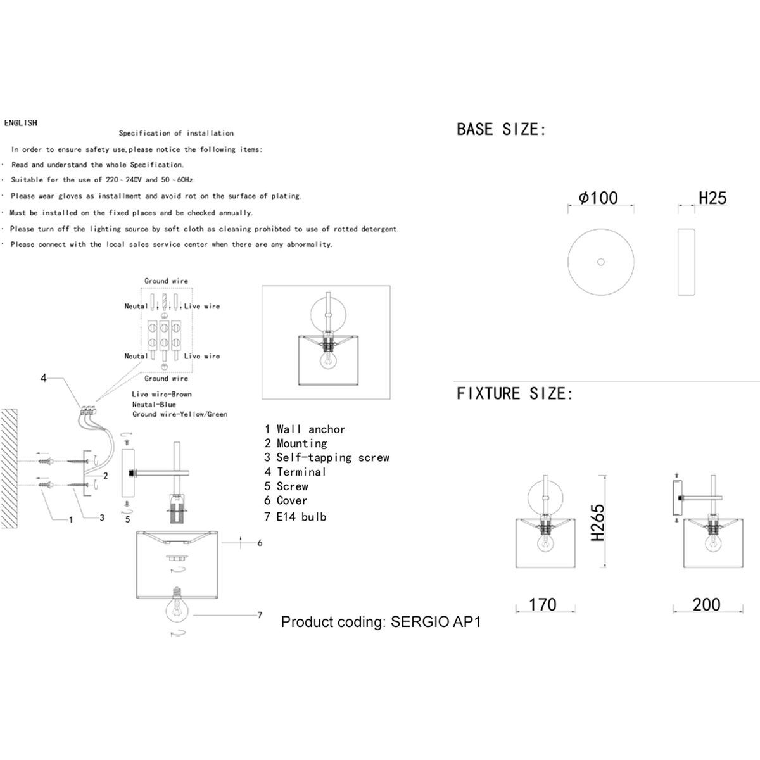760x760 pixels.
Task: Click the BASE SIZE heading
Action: (x=501, y=129)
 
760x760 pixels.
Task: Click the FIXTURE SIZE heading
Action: (x=514, y=393)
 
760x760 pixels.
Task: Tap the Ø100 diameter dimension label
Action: (x=598, y=198)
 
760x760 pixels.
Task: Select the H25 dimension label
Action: (x=712, y=198)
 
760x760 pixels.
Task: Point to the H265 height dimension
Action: (x=597, y=522)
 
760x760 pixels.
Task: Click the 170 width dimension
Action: (x=542, y=605)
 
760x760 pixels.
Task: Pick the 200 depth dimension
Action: (x=706, y=605)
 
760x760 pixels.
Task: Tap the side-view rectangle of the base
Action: (x=687, y=262)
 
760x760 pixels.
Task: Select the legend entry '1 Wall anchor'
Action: (x=305, y=429)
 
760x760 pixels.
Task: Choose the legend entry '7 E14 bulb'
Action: (x=295, y=517)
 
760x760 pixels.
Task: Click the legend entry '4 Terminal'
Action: (x=295, y=472)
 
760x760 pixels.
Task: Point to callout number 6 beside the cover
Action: (x=260, y=543)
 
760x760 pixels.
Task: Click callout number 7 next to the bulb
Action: (x=260, y=615)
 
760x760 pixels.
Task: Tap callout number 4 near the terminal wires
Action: (x=44, y=378)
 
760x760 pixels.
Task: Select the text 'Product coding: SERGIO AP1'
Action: (x=381, y=622)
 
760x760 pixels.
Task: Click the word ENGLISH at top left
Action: (x=21, y=123)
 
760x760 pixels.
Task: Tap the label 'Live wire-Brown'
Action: (x=161, y=394)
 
